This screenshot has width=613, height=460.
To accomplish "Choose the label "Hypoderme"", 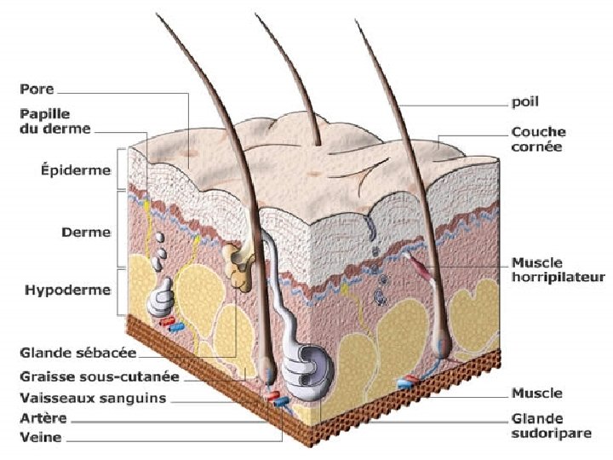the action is pos(68,290).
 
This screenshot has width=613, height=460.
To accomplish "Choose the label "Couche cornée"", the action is pos(537,139).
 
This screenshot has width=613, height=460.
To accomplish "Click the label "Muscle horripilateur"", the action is pos(558,269).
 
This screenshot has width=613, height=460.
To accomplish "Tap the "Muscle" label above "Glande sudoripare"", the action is pos(536,394).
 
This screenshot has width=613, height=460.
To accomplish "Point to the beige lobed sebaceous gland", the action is pos(239,263).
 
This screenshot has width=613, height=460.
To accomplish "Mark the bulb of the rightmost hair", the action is pos(441,342).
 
